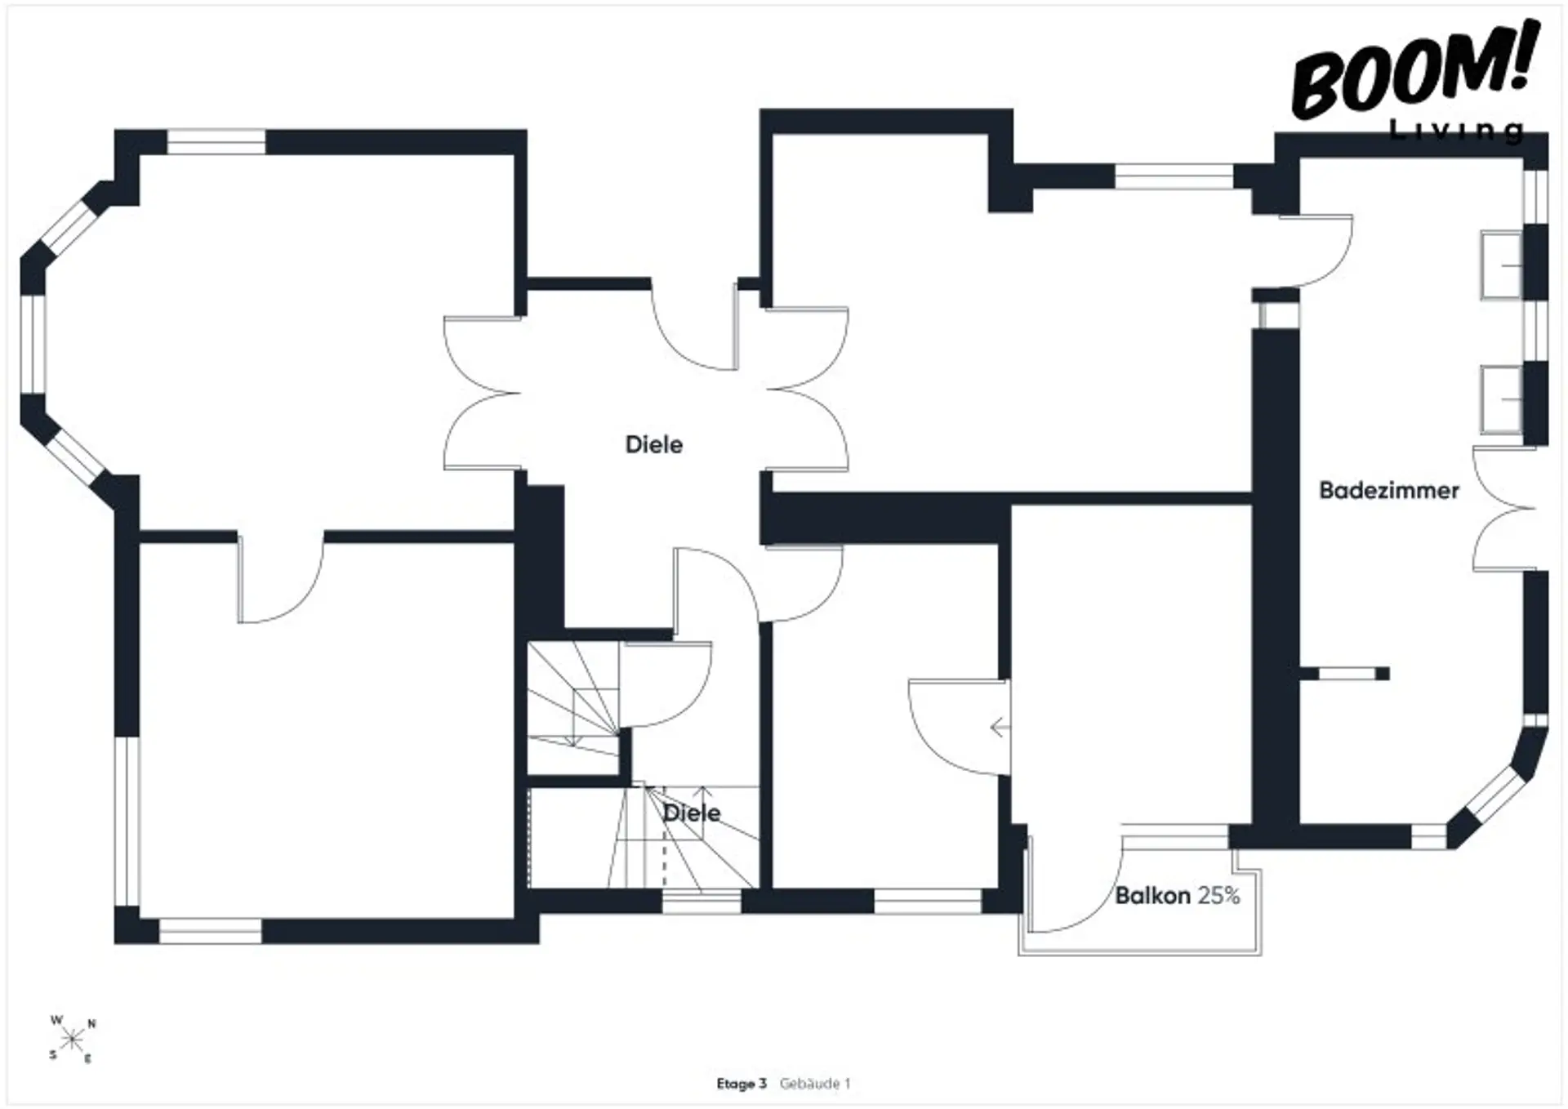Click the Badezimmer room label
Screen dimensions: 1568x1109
coord(1389,490)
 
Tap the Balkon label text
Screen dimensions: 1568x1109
coord(1153,896)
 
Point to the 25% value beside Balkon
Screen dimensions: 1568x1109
coord(1218,896)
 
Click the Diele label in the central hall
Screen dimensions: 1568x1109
coord(654,444)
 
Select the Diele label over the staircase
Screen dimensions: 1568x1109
coord(692,813)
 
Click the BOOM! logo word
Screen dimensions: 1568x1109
coord(1415,72)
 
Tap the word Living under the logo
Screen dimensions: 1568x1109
coord(1457,131)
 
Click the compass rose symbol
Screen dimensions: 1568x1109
coord(73,1039)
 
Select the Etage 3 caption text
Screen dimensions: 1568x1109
coord(742,1084)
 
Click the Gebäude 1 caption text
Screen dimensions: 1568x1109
coord(815,1084)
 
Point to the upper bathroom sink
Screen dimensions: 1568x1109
coord(1502,265)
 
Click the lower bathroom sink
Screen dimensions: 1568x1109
coord(1502,399)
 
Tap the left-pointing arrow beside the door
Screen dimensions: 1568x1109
coord(999,727)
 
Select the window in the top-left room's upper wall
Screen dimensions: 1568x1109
coord(216,142)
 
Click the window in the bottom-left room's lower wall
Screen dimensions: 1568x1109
coord(211,932)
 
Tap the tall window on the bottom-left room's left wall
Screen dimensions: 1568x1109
coord(127,821)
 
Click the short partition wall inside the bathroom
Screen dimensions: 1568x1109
coord(1343,674)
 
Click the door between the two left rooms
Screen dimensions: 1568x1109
coord(280,580)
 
